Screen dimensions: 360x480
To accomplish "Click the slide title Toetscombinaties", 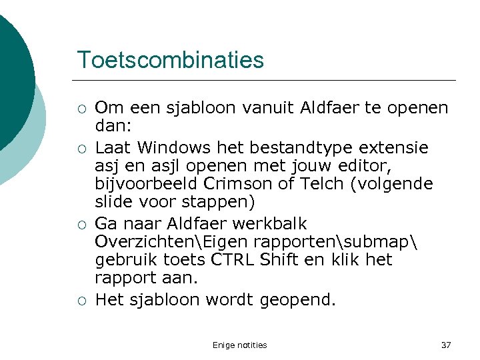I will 170,60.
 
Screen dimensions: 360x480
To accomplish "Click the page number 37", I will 446,345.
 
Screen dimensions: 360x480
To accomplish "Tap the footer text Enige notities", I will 239,345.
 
